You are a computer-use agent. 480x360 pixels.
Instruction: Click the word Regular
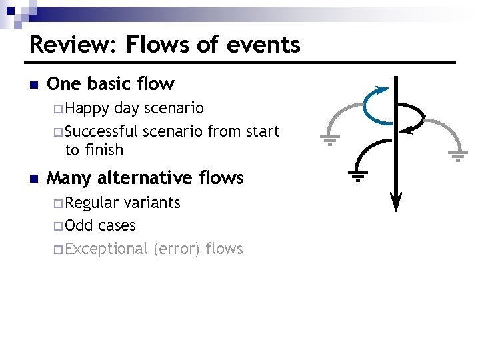[x=92, y=203]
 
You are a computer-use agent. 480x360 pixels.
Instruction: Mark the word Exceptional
[x=107, y=249]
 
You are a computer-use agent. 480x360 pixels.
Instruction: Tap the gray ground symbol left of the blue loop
[x=330, y=139]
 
